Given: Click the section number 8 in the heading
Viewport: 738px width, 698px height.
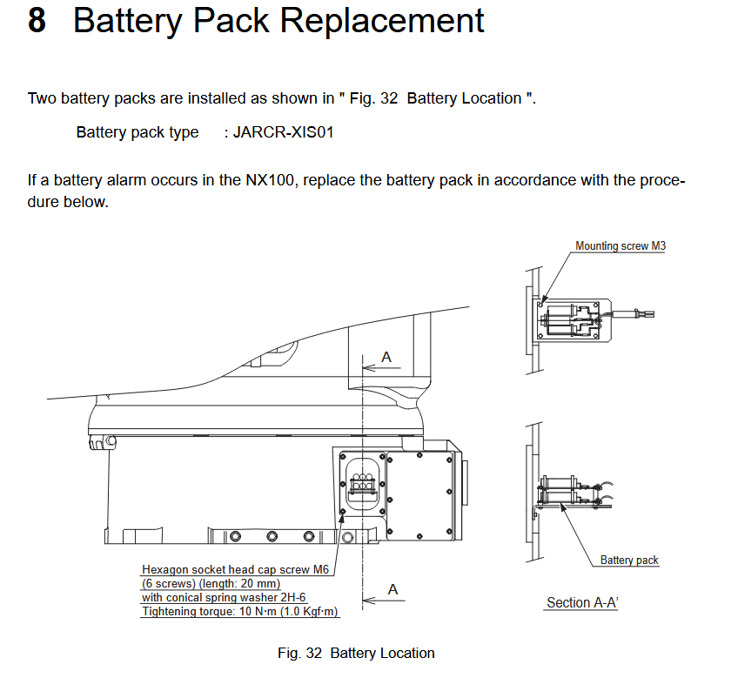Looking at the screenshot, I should (x=37, y=20).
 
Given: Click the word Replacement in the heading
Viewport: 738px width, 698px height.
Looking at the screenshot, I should (x=387, y=20).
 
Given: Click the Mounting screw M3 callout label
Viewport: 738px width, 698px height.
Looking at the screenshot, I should (x=621, y=246).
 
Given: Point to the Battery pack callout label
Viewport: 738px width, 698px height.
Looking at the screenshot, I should (x=629, y=560).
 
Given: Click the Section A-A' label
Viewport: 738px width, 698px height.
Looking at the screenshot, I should (x=581, y=602).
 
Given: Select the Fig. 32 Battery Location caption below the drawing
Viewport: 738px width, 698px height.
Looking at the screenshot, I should (x=356, y=653).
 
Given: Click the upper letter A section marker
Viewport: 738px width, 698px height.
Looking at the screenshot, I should (x=386, y=357).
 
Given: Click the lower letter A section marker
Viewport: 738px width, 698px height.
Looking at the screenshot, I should (x=392, y=589).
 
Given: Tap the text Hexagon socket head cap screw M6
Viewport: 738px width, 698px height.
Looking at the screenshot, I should (x=234, y=569).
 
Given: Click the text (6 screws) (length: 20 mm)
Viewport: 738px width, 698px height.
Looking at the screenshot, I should (x=211, y=583).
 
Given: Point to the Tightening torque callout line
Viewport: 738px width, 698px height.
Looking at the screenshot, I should (x=240, y=612).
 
